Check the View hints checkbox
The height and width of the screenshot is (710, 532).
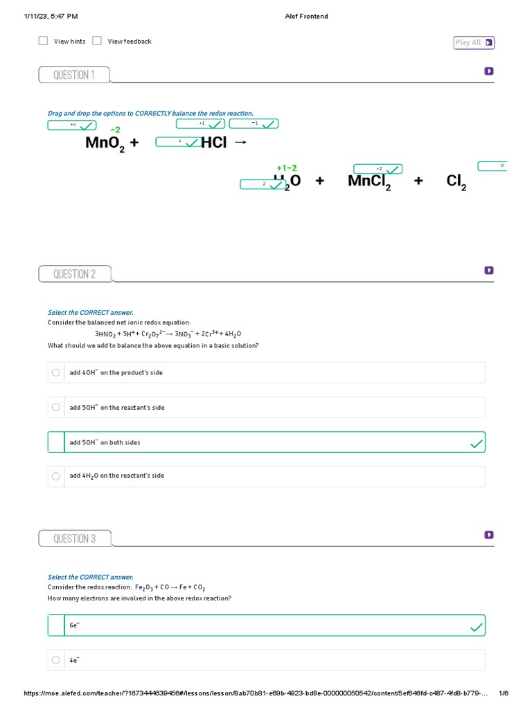(43, 41)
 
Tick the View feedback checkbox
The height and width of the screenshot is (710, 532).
(97, 41)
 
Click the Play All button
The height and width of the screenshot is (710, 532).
(474, 43)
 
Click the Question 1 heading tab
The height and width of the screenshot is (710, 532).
(74, 75)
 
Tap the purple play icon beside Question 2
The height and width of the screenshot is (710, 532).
(489, 270)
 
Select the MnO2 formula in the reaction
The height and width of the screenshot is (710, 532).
(104, 144)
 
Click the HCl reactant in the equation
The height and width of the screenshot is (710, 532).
(213, 143)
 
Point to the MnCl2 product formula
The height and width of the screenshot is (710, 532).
(369, 182)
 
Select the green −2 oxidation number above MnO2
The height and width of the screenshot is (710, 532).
(115, 130)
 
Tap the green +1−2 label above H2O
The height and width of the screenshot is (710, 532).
(287, 168)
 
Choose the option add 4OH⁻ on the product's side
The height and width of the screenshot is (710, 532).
(117, 373)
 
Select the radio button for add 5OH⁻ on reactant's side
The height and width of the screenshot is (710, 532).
(55, 408)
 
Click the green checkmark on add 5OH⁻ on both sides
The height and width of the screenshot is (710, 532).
(477, 443)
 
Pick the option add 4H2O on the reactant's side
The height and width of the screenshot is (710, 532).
(116, 476)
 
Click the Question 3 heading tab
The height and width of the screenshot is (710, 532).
(74, 539)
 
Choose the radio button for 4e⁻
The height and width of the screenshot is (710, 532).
(55, 661)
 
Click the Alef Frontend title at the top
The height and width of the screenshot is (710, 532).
(306, 16)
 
